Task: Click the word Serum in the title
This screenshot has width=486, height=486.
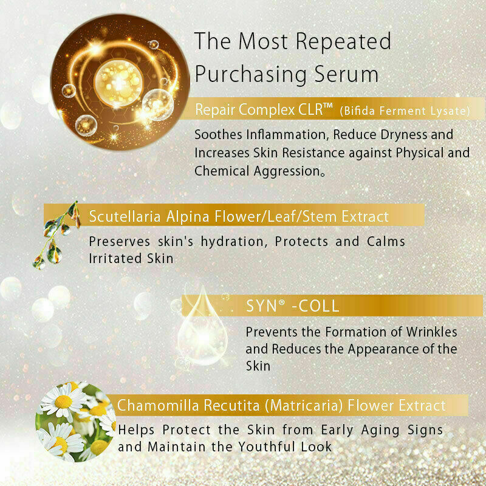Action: point(346,74)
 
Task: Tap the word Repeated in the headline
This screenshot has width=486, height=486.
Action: point(343,41)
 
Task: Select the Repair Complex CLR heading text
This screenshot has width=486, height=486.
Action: point(264,109)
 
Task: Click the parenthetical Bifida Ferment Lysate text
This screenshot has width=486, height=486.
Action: point(405,111)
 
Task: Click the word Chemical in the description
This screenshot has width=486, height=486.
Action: point(222,171)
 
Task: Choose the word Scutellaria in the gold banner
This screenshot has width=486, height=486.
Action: point(125,216)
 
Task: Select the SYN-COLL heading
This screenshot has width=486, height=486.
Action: point(293,306)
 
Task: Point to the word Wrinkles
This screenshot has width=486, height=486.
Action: point(431,332)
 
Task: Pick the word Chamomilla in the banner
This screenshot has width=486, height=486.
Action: point(158,405)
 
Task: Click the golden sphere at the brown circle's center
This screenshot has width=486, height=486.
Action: point(118,83)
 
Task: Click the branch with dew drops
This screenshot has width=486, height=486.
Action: point(56,236)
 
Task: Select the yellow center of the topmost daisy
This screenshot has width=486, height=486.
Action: point(64,402)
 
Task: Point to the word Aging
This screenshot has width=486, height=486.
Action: point(380,431)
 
